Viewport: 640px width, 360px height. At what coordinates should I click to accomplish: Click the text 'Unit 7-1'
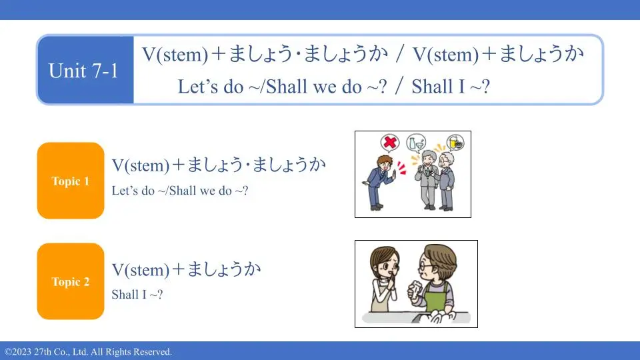83,71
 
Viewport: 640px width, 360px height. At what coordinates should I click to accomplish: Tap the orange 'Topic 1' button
71,181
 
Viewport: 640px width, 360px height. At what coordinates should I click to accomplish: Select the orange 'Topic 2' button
71,281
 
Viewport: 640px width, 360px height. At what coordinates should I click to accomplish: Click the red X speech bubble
390,143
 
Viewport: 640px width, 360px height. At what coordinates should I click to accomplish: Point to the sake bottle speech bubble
416,143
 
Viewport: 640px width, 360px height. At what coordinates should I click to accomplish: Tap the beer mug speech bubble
455,143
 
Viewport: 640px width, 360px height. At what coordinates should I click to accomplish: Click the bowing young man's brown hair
384,161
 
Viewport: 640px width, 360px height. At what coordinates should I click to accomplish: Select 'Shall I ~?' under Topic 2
137,294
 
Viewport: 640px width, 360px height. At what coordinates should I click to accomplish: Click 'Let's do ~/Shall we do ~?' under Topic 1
179,190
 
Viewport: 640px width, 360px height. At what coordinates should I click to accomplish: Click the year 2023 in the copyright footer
19,352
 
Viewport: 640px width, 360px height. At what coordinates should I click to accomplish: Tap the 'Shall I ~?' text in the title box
451,87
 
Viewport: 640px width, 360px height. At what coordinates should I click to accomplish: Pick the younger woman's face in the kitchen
386,266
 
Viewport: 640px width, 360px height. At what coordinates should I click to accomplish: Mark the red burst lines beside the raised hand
401,168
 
